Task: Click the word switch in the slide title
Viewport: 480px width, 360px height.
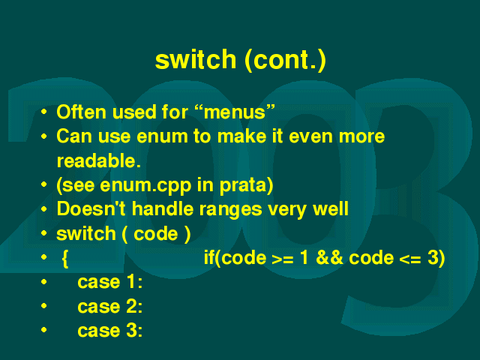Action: coord(196,59)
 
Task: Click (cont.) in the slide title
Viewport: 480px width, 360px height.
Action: coord(286,60)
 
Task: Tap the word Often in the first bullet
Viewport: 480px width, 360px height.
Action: coord(81,112)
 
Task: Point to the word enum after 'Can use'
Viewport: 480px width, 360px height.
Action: coord(162,136)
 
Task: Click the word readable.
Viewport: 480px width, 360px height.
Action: coord(99,160)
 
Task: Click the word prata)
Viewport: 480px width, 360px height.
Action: coord(247,186)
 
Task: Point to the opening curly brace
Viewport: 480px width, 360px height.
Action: coord(65,259)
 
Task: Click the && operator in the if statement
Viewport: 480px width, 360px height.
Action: coord(329,257)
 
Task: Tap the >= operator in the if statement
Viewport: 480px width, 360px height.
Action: coord(283,259)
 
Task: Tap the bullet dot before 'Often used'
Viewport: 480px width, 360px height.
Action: coord(44,112)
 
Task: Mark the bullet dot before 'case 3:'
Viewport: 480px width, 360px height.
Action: coord(44,330)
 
